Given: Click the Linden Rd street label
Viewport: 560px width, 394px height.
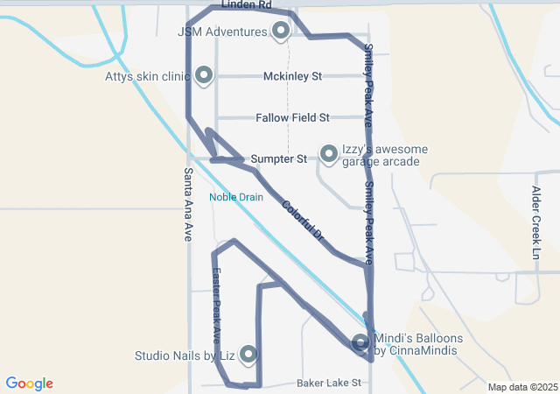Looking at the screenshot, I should [x=246, y=5].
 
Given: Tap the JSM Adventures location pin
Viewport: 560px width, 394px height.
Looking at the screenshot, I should [x=281, y=32].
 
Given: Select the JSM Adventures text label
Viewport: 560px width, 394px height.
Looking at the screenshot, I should [x=222, y=32].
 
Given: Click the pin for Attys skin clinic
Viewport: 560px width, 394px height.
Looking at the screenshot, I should [x=204, y=76].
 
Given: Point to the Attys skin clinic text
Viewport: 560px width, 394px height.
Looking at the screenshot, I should [x=147, y=76].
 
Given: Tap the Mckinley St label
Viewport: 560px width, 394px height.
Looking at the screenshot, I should [x=292, y=76].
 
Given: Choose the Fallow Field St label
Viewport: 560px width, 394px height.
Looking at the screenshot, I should [x=292, y=117].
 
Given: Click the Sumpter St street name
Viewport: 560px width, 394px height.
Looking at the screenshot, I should [x=278, y=159].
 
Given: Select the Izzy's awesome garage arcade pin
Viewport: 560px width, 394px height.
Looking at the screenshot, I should [x=329, y=154].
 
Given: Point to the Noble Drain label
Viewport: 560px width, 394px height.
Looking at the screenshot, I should [x=235, y=197].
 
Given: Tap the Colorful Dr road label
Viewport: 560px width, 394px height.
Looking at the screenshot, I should [x=304, y=222].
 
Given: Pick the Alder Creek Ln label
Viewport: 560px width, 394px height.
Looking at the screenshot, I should [x=536, y=222].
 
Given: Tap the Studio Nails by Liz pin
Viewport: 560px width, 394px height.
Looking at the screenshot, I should [x=248, y=354].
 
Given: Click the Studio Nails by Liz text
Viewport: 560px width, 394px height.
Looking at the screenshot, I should [x=185, y=355].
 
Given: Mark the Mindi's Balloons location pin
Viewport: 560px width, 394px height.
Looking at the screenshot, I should [x=361, y=342].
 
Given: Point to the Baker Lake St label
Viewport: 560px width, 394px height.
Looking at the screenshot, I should [x=329, y=383].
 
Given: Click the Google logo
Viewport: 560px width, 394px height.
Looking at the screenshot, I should [x=30, y=383].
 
